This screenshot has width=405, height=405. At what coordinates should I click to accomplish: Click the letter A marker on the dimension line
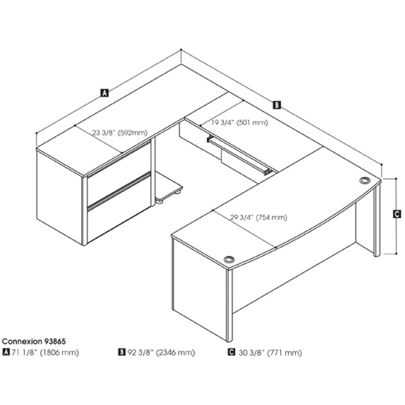point(104,93)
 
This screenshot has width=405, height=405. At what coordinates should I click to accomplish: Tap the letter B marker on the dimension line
point(276,105)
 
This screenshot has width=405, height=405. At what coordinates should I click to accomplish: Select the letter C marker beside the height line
point(397,214)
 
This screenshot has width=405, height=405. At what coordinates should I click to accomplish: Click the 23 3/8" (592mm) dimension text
point(120,133)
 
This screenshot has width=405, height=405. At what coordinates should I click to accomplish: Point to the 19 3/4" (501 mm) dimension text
point(239,122)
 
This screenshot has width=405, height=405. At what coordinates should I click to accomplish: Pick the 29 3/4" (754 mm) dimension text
point(259,218)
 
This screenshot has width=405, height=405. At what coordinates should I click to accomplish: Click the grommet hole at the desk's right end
point(364,180)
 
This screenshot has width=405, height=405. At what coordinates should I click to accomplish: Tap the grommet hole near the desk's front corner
point(229,259)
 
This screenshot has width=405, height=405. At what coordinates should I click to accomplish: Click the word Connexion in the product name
point(22,341)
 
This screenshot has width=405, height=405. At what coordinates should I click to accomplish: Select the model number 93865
point(55,341)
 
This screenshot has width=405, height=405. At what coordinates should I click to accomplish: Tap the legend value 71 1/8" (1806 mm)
point(45,352)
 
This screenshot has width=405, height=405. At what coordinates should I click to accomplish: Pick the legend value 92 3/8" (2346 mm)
point(161,352)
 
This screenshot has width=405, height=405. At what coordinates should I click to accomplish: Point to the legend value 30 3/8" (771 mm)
point(270,352)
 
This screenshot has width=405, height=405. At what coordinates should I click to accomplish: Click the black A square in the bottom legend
point(6,352)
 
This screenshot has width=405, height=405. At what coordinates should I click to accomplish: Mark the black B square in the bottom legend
point(121,352)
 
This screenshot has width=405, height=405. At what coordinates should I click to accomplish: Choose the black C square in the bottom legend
point(232,352)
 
